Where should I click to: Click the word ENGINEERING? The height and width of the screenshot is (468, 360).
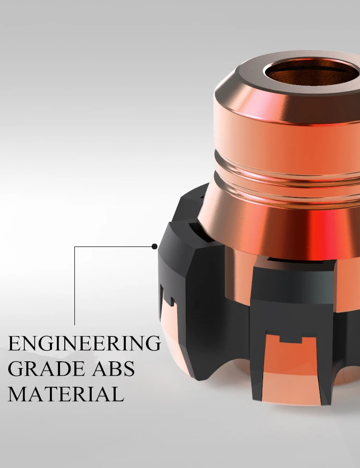[x=84, y=344]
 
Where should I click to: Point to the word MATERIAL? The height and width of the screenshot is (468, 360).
[x=66, y=394]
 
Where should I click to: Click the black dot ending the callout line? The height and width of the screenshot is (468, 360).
[x=155, y=246]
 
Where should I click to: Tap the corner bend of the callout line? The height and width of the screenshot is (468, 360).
[x=74, y=246]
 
